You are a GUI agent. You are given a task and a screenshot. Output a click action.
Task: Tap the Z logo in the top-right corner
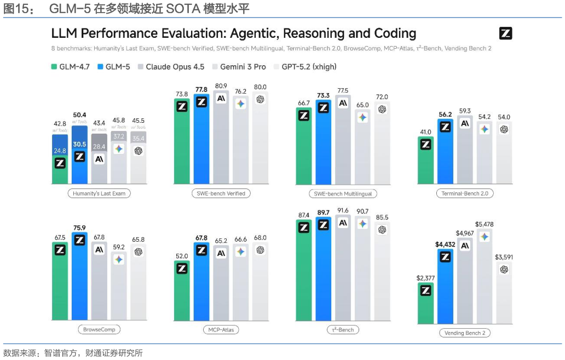click(505, 33)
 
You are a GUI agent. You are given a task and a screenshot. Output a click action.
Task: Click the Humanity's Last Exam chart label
click(99, 193)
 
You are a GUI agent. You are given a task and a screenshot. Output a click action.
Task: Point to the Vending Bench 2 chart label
click(464, 333)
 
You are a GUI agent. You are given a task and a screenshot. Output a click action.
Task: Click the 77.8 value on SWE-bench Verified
click(201, 89)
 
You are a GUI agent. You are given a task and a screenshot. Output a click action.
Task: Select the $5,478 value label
click(484, 224)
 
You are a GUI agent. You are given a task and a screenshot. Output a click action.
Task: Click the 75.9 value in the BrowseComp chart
click(79, 228)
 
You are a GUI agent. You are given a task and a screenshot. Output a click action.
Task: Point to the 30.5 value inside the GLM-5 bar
click(79, 144)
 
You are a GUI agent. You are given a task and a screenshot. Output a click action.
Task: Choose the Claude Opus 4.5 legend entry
click(170, 67)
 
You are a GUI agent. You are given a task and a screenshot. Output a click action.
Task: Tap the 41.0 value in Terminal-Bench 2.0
click(425, 132)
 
